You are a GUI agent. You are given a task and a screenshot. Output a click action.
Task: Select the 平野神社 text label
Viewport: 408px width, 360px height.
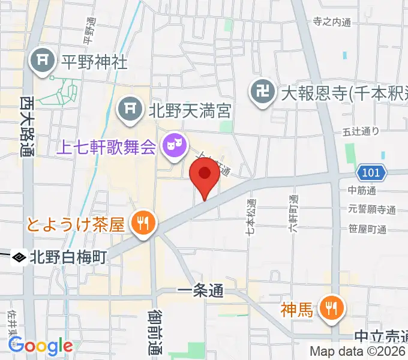pos(94,61)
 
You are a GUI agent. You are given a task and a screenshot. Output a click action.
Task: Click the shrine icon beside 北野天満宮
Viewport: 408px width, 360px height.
pos(128,109)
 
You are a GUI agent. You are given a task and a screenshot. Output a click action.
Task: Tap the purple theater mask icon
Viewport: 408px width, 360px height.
pos(174,145)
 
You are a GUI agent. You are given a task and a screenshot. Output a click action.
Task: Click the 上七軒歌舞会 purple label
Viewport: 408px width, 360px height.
pos(106,146)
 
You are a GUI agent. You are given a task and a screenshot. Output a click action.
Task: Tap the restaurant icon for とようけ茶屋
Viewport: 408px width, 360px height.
pos(143,224)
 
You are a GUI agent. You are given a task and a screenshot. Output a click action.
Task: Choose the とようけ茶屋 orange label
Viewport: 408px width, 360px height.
pos(76,225)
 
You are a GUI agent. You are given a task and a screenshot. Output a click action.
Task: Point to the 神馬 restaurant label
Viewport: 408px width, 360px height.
pos(298,310)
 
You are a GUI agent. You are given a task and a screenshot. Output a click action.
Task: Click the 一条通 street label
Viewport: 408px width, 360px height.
pos(200,292)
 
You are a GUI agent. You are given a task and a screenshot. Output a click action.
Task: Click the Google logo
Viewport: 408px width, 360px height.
pos(40,346)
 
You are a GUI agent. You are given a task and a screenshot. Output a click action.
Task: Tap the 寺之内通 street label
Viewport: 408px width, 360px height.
pos(331,22)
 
